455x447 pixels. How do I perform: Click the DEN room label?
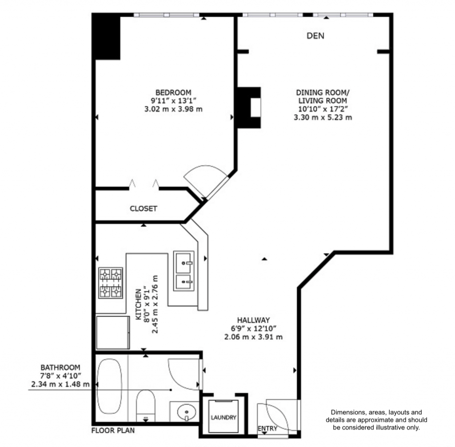315,36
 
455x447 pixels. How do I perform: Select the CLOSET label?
143,208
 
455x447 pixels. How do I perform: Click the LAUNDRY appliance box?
224,417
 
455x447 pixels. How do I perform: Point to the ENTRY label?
267,429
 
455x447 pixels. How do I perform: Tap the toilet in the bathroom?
145,405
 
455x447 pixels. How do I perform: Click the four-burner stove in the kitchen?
110,283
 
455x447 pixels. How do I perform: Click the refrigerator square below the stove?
113,332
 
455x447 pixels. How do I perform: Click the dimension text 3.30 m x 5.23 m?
323,117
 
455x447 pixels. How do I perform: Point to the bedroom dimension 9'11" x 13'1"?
173,101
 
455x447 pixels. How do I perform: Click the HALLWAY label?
254,320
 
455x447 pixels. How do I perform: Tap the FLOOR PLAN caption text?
113,431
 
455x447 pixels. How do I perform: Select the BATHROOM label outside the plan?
60,367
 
